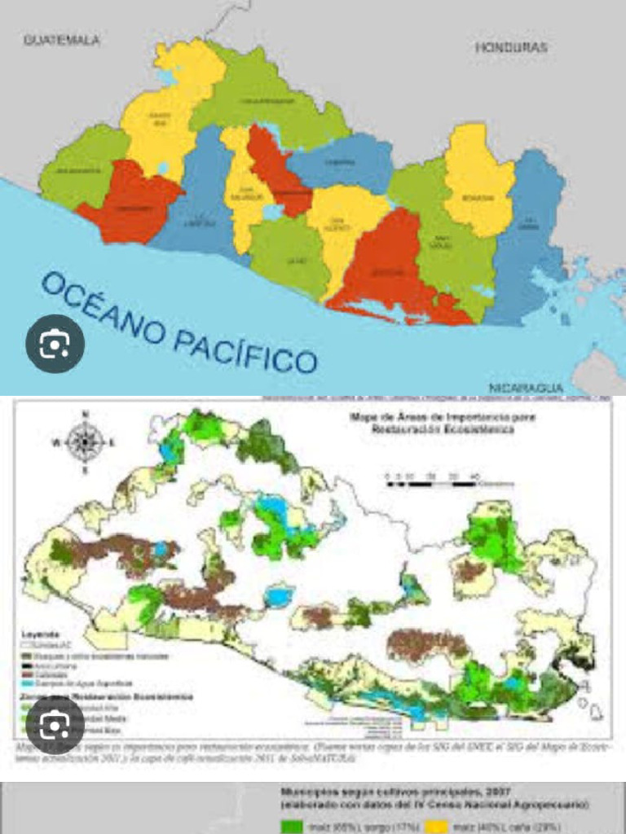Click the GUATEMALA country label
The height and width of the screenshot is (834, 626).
pos(62,40)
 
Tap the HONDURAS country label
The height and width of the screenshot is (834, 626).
pos(511,48)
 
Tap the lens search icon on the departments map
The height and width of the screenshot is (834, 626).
pos(55,345)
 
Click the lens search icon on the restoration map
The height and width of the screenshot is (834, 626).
pos(55,724)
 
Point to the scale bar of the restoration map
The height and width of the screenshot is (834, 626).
pos(432,482)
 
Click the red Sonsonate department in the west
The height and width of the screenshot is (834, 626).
pos(130,204)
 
